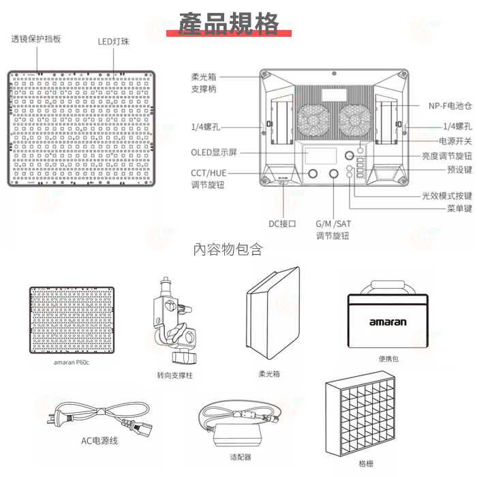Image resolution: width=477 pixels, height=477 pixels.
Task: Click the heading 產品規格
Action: (x=228, y=23)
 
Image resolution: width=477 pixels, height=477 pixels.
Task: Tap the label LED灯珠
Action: (x=114, y=42)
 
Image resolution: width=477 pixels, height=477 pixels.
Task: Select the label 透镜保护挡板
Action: (x=36, y=39)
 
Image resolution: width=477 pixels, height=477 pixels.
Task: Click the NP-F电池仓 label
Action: (x=450, y=106)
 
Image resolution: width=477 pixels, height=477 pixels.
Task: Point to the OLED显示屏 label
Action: (x=214, y=152)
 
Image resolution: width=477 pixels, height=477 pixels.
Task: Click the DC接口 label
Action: (x=282, y=224)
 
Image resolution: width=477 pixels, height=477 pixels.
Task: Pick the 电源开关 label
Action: (x=455, y=141)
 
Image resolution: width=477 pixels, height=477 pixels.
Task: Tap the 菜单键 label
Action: (x=459, y=209)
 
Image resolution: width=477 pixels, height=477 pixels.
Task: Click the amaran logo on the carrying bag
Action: (x=388, y=322)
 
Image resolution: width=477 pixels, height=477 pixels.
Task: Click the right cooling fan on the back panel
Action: (x=355, y=121)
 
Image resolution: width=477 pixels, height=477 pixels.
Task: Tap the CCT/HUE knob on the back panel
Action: (x=312, y=173)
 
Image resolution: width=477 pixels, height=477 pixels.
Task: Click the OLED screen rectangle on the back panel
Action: (x=321, y=155)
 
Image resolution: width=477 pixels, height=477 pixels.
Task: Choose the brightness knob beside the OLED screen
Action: (x=349, y=155)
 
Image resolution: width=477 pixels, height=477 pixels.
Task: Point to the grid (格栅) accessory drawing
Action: (x=360, y=413)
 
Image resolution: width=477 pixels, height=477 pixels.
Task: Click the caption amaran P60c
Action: (x=72, y=363)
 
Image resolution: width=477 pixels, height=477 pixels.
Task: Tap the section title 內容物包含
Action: (x=228, y=249)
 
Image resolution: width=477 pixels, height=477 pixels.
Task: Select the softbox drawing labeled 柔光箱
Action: (x=273, y=313)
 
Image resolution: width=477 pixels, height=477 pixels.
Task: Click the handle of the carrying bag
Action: (x=388, y=286)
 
